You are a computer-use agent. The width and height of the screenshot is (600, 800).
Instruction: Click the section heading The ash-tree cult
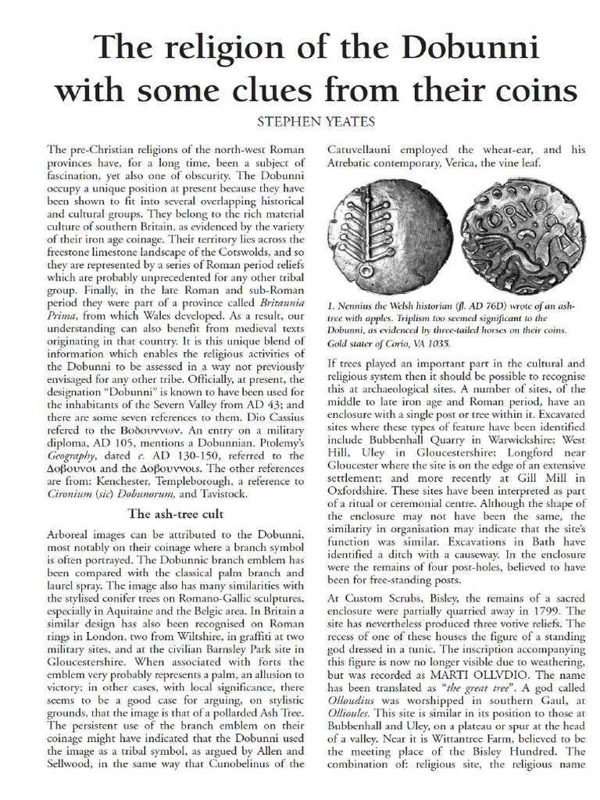(175, 514)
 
